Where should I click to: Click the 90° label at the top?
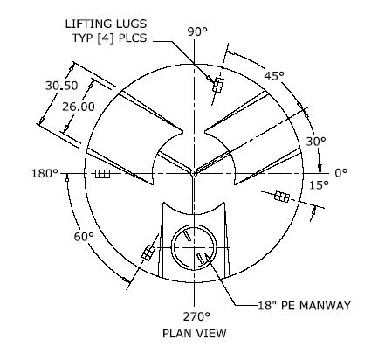click(197, 31)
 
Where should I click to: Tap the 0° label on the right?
click(341, 173)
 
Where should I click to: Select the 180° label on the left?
click(45, 174)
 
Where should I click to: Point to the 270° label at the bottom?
click(196, 316)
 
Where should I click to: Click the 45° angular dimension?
click(274, 76)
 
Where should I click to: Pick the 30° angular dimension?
click(316, 142)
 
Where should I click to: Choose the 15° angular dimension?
click(319, 185)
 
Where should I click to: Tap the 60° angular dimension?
click(84, 237)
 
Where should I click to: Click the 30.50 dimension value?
click(62, 86)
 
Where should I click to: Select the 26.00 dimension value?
click(79, 107)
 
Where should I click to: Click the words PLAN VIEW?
click(195, 333)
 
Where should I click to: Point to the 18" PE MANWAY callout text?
click(305, 306)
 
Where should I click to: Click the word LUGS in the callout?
click(131, 24)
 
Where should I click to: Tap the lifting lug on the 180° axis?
click(103, 174)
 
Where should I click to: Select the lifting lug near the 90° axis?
click(218, 85)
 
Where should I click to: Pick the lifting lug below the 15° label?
click(282, 197)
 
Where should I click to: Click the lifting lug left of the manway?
click(148, 253)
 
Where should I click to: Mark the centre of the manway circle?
click(194, 247)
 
